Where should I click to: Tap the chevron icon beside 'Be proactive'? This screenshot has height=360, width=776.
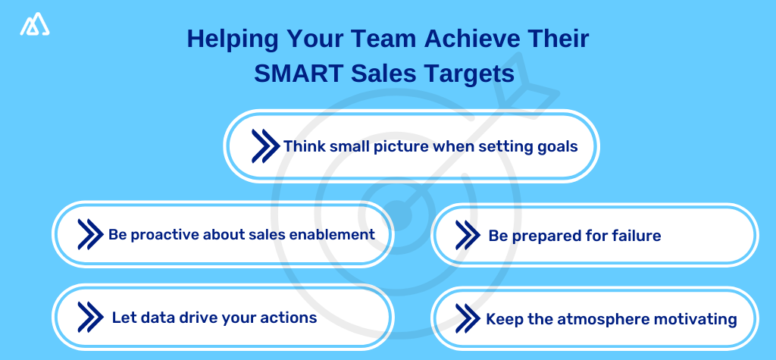(90, 235)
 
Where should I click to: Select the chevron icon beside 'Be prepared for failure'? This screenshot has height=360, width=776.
(468, 235)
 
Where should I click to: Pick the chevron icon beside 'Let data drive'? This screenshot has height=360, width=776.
(90, 317)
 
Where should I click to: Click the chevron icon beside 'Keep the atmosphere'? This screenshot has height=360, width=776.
(468, 318)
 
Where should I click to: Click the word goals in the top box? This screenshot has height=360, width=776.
(556, 146)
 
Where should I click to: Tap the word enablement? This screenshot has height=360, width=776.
(333, 234)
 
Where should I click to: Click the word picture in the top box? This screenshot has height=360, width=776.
(402, 146)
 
